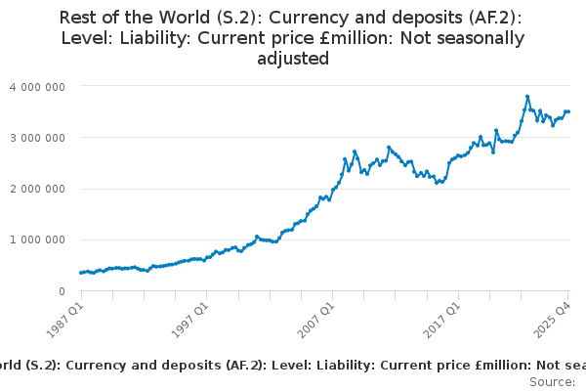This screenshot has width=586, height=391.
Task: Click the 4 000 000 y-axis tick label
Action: pyautogui.click(x=37, y=87)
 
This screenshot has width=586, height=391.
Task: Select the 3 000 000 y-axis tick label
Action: pyautogui.click(x=37, y=138)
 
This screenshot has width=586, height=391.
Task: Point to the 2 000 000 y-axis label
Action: pyautogui.click(x=37, y=189)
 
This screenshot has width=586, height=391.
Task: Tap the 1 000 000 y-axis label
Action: pyautogui.click(x=37, y=239)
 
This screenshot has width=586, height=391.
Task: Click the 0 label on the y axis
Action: pyautogui.click(x=62, y=291)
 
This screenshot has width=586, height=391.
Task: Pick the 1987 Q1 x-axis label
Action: pyautogui.click(x=64, y=319)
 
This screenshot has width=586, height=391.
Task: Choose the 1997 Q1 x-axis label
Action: pyautogui.click(x=189, y=319)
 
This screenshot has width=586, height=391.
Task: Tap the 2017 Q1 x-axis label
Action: pyautogui.click(x=441, y=319)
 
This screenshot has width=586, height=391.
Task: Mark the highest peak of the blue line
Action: pyautogui.click(x=527, y=97)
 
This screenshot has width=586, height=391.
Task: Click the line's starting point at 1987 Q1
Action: pyautogui.click(x=81, y=273)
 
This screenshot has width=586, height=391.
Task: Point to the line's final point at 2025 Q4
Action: pyautogui.click(x=569, y=111)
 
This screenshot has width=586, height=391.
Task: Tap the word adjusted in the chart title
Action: pyautogui.click(x=293, y=59)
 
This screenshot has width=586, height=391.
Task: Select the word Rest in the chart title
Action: pyautogui.click(x=79, y=18)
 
